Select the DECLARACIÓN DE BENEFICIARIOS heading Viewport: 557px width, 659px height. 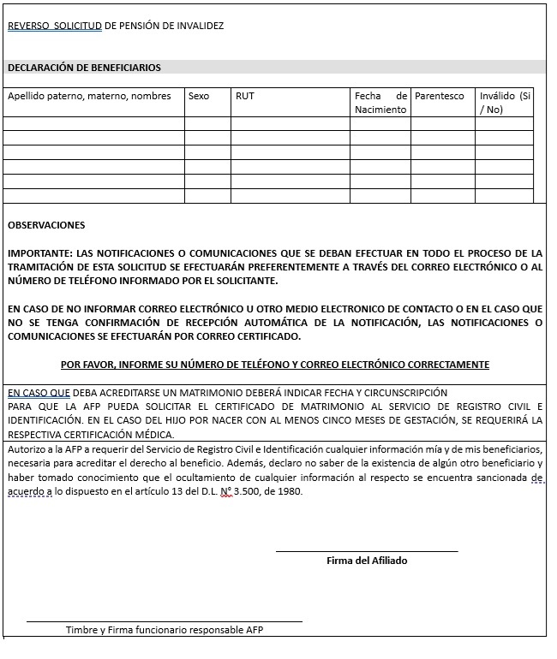pos(84,68)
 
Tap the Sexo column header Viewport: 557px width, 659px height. pos(198,96)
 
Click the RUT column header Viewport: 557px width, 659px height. pos(245,96)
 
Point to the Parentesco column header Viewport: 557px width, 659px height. pos(439,96)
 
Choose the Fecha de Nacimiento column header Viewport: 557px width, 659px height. pos(380,103)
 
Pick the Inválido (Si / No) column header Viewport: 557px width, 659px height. pos(505,103)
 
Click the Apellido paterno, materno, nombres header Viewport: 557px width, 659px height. pos(89,96)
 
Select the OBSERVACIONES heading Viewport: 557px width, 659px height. pos(46,225)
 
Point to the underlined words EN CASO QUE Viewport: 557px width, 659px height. pos(33,392)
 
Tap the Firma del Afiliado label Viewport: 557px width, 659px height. pos(367,561)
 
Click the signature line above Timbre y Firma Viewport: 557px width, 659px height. pos(165,621)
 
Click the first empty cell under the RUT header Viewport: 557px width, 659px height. pos(290,123)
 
